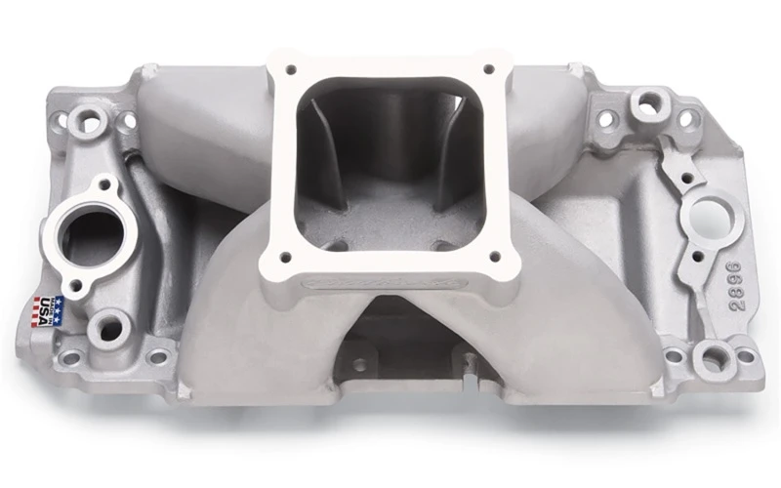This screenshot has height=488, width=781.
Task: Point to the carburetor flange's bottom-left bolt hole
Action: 286,259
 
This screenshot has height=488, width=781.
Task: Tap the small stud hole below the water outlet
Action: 75,285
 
